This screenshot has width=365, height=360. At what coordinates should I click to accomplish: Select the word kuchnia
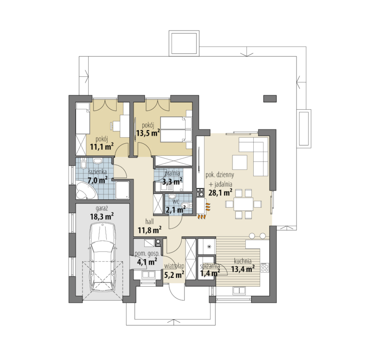(x=242, y=261)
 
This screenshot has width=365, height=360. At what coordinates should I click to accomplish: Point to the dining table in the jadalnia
(x=243, y=204)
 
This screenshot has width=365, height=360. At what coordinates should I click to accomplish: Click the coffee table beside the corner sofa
(x=240, y=162)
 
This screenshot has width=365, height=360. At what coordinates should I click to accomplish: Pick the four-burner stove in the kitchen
(x=265, y=267)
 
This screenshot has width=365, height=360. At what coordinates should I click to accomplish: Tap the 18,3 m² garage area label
(x=102, y=217)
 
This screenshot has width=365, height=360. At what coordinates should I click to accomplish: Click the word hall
(x=150, y=222)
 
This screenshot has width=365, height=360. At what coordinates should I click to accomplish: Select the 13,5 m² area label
(x=148, y=133)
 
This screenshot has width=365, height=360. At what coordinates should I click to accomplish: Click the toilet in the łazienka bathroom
(x=83, y=165)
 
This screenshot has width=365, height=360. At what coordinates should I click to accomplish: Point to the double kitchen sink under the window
(x=239, y=291)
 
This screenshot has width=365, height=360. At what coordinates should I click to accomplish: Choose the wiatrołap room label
(x=174, y=266)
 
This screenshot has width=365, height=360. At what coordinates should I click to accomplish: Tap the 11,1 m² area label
(x=102, y=147)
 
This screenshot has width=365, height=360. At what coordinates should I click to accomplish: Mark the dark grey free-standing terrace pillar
(x=270, y=98)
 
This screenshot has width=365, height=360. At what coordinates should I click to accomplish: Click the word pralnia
(x=172, y=173)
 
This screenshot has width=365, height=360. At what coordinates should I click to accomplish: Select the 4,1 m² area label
(x=147, y=262)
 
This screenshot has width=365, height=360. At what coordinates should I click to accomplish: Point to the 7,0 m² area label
(x=97, y=180)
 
